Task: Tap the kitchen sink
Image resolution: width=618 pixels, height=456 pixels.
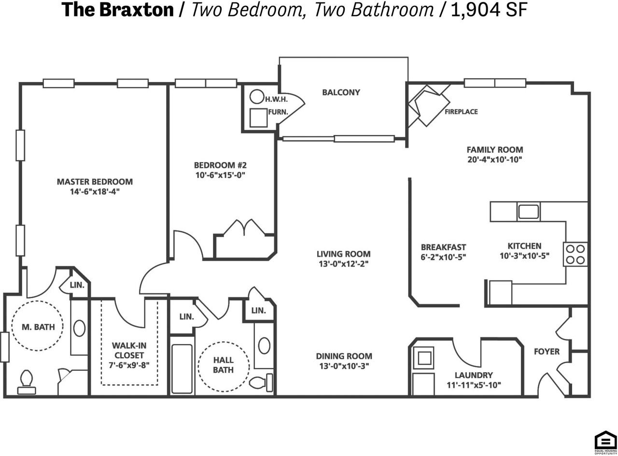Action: tap(528, 212)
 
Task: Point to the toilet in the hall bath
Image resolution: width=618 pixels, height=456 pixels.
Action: tap(261, 383)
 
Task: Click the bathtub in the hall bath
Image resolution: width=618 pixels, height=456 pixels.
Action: tap(182, 368)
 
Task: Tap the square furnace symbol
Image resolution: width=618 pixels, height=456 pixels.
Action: tap(259, 118)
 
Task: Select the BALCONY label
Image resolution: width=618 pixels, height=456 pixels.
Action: tap(341, 92)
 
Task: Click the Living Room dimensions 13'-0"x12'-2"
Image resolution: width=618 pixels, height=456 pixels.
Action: tap(343, 264)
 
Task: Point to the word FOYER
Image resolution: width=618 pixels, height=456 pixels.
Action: tap(547, 351)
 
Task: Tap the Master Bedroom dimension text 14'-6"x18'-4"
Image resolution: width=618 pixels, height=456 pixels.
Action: tap(95, 191)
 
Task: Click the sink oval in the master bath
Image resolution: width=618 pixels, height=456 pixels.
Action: tap(79, 329)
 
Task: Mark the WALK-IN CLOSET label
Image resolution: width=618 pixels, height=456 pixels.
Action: tap(129, 350)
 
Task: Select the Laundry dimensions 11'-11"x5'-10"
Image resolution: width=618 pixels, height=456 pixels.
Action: tap(473, 385)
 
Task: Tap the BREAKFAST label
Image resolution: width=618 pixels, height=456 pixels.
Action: tap(443, 248)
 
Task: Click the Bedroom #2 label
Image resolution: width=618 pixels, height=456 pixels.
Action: tap(220, 165)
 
